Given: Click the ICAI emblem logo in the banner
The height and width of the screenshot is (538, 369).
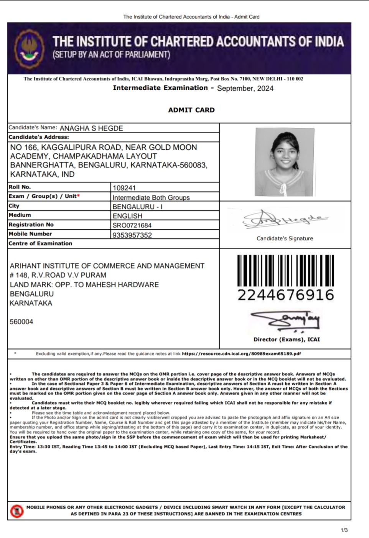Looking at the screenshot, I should tap(27, 49).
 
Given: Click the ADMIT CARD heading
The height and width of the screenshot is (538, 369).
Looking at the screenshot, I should tap(191, 110).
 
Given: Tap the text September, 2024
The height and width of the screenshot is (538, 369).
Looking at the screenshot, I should tap(245, 88).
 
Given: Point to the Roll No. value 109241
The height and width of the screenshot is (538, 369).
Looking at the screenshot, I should tap(124, 188).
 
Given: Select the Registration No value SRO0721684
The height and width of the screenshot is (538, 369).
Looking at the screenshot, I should tap(132, 225).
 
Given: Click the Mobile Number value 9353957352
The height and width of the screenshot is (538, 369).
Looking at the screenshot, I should tap(132, 235).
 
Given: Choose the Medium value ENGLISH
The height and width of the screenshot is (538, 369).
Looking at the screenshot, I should tap(127, 216).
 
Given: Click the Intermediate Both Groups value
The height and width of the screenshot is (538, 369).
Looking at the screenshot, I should tap(151, 197).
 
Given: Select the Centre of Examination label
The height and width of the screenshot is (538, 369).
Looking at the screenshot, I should tap(40, 243).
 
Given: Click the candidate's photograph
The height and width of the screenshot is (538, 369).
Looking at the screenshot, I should tap(284, 162).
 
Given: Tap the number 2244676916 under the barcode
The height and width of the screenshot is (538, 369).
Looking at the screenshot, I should tap(286, 295).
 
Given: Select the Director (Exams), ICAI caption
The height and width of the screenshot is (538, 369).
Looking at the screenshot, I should tap(287, 339).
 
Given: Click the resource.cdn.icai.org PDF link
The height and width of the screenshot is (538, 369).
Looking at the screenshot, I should tap(241, 354).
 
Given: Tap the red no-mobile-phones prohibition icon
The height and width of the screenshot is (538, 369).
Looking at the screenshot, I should tap(16, 511).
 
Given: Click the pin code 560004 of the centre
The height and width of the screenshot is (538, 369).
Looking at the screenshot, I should tap(21, 322).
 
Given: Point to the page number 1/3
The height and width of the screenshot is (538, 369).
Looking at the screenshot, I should tap(344, 530).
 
